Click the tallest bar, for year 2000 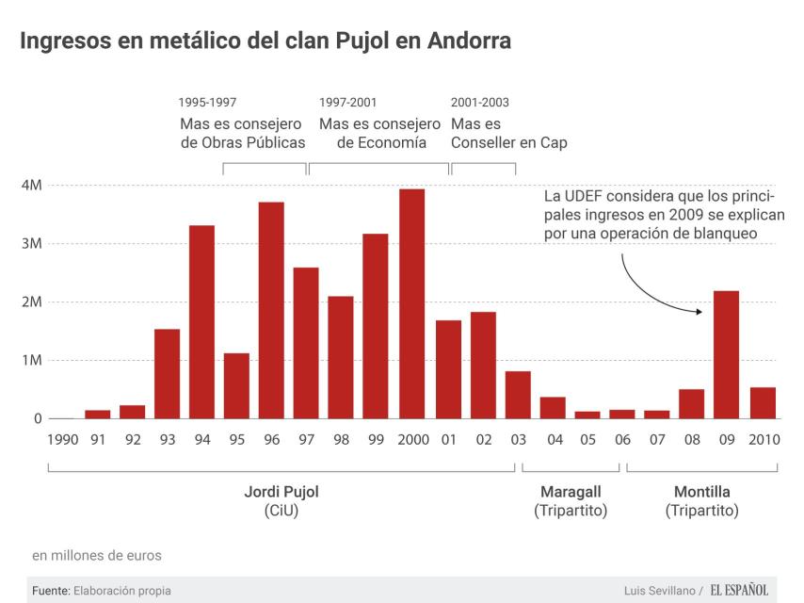click(x=411, y=303)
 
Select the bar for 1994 click(x=201, y=321)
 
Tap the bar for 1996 click(x=271, y=310)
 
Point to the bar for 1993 click(x=167, y=373)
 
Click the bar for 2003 click(x=518, y=395)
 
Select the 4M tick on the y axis click(x=31, y=186)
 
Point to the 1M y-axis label click(x=31, y=360)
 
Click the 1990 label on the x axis click(x=62, y=440)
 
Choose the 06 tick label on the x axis click(x=621, y=440)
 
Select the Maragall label click(x=571, y=492)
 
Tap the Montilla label click(x=702, y=492)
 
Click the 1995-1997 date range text click(x=207, y=103)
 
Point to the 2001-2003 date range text click(x=480, y=103)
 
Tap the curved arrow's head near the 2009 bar click(x=700, y=311)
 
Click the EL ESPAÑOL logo click(x=739, y=590)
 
